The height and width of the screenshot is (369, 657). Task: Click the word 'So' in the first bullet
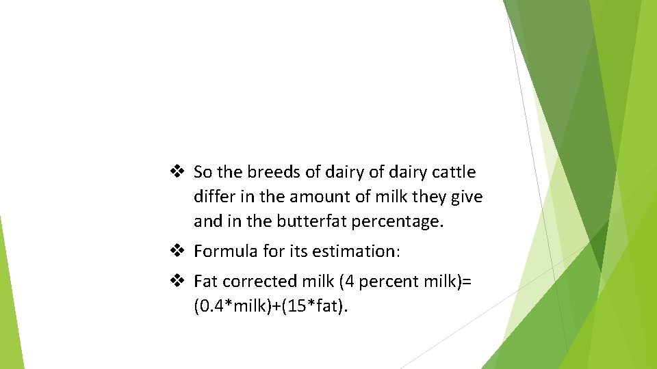[203, 172]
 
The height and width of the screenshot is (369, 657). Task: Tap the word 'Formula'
[224, 251]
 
